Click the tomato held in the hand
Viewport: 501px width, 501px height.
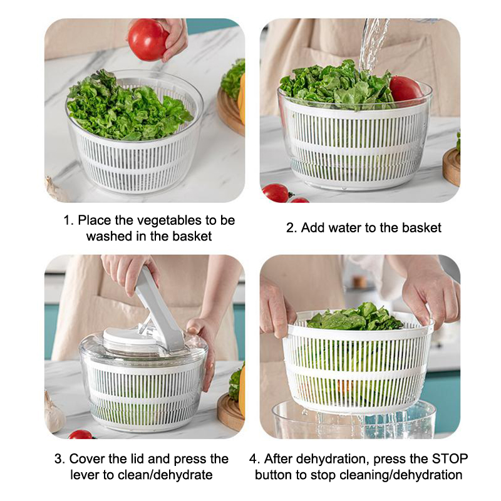[x=148, y=40]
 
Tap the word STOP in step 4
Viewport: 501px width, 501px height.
[x=450, y=459]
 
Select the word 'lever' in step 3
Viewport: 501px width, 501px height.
[x=85, y=475]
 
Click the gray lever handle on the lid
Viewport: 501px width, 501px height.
[x=158, y=309]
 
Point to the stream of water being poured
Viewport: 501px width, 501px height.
[x=372, y=44]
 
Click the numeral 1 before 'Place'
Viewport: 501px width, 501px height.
[x=68, y=220]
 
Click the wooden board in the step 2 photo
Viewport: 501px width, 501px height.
[x=451, y=167]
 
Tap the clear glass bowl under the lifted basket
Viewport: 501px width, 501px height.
[x=354, y=420]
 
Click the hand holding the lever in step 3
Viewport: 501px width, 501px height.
[x=130, y=273]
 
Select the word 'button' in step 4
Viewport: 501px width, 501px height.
[x=273, y=475]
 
